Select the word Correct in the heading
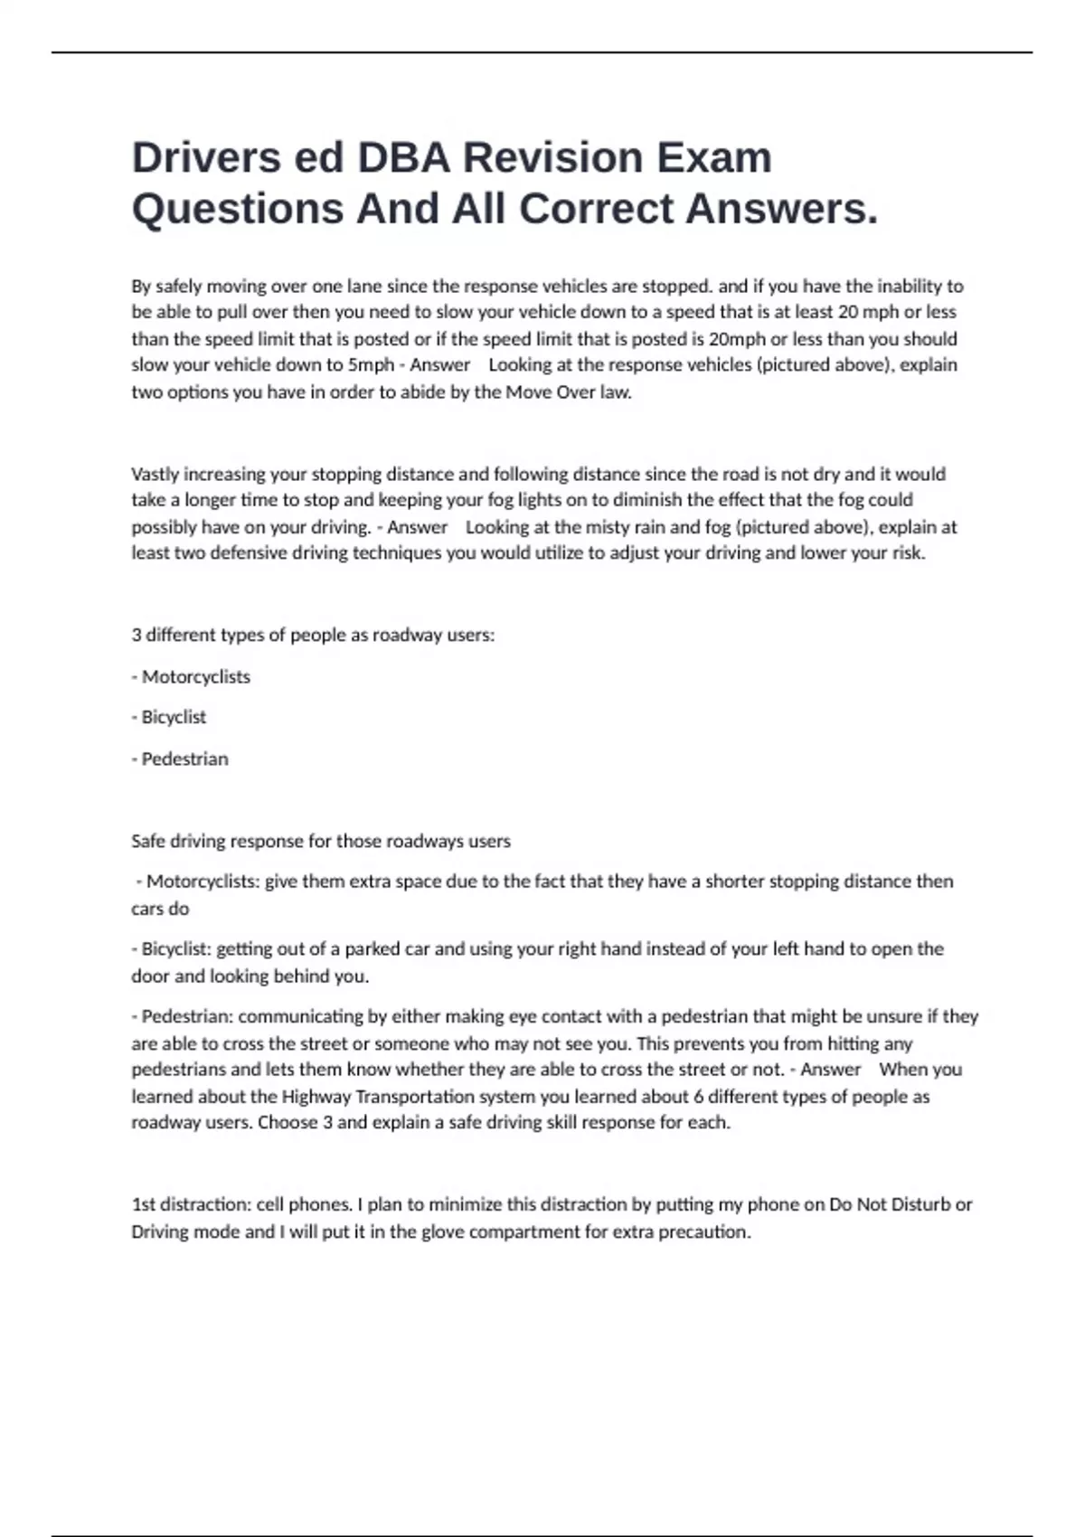click(x=596, y=209)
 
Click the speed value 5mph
click(x=371, y=365)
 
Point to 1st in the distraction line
click(x=146, y=1205)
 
